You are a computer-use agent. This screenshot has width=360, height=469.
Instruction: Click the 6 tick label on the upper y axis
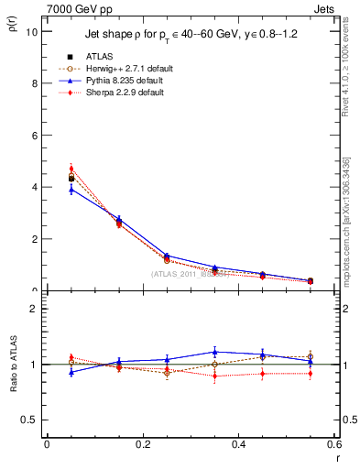(x=34, y=136)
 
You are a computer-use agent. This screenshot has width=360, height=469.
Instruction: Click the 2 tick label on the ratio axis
(x=34, y=309)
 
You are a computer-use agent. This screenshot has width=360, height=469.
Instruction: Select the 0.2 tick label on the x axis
(x=142, y=444)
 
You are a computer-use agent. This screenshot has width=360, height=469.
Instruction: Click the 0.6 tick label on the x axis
(x=334, y=444)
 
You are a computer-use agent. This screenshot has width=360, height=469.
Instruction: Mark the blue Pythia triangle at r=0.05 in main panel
(x=71, y=189)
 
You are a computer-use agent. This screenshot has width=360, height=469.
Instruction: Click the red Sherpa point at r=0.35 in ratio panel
(x=214, y=376)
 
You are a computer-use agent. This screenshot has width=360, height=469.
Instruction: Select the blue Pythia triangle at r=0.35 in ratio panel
(x=214, y=351)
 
